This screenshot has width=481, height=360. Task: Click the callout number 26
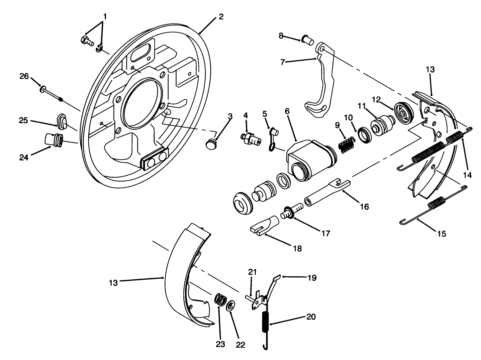24,76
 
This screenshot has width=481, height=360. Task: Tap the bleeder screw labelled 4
250,138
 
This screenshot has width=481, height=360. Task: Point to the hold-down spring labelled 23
220,300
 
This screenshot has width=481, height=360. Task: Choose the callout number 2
221,17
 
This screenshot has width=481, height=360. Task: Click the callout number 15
441,233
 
